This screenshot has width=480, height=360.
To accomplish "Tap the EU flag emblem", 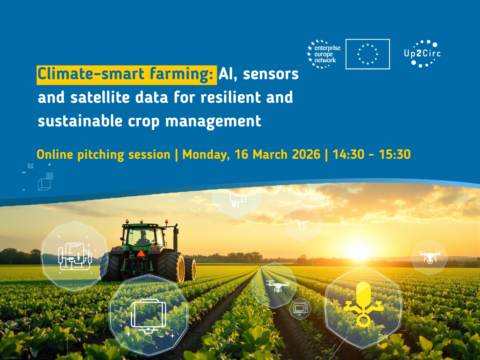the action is [368, 54].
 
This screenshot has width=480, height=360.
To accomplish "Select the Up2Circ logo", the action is [422, 54].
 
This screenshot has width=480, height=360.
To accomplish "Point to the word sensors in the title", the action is [271, 74].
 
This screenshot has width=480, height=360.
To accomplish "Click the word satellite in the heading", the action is [100, 97].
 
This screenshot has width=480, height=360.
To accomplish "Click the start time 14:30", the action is [348, 154].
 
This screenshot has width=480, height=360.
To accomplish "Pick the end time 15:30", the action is [395, 154].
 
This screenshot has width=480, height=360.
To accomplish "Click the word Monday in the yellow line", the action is [206, 155].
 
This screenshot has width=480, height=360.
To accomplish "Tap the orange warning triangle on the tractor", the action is [141, 253].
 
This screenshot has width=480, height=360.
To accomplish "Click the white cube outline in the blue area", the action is [45, 184].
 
